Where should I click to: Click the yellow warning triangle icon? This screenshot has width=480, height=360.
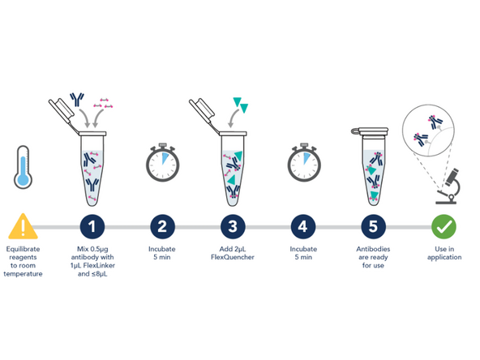click(23, 226)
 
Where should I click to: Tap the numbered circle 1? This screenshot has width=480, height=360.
click(92, 227)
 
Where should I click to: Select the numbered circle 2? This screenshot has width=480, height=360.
click(162, 227)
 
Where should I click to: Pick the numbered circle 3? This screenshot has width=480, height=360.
click(233, 227)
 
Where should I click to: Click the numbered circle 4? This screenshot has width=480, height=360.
click(302, 227)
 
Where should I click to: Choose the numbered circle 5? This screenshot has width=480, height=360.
click(373, 227)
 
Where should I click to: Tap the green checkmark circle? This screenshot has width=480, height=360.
click(444, 227)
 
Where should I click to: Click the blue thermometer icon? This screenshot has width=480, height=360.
click(23, 167)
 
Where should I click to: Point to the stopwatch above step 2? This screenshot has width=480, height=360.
click(162, 162)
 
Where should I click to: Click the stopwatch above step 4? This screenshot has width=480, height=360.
click(304, 162)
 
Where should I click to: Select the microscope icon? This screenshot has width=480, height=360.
click(448, 186)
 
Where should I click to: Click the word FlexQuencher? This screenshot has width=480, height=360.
click(233, 257)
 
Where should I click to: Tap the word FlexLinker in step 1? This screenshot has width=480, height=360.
click(99, 265)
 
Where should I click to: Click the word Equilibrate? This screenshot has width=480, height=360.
click(23, 249)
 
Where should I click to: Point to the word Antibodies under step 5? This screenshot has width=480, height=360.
click(373, 249)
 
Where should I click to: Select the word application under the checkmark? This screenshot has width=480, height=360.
click(444, 258)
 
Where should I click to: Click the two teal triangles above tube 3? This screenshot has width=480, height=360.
click(241, 105)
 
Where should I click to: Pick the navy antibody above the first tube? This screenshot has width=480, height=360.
click(77, 100)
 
